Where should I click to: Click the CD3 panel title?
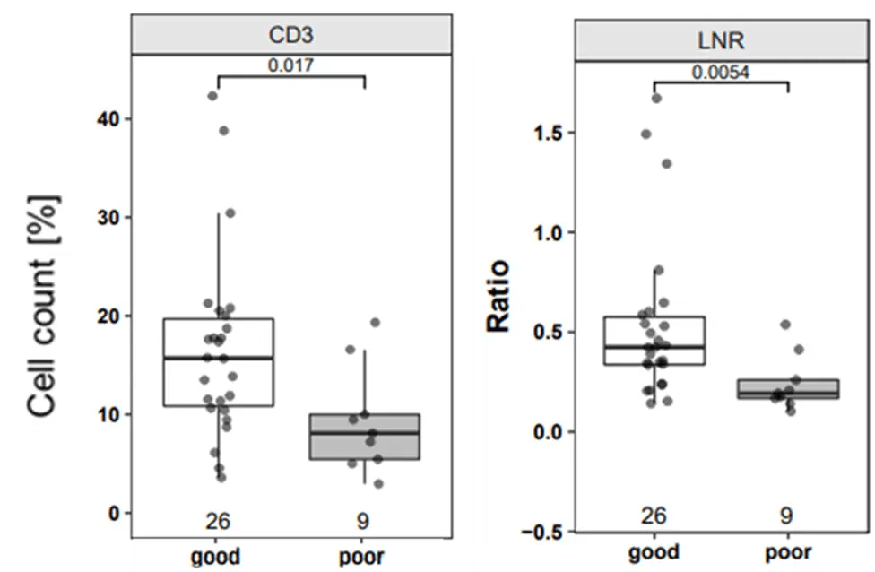291,35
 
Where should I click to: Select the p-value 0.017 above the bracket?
291,65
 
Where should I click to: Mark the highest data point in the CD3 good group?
212,96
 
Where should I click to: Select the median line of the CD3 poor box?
363,432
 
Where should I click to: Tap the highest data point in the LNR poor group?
784,324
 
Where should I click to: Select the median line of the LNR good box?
654,346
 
